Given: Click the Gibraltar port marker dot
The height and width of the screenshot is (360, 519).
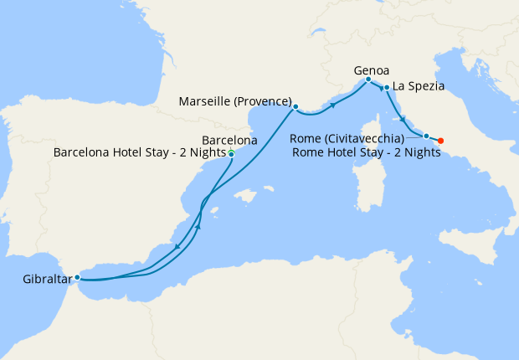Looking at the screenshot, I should coord(77,277).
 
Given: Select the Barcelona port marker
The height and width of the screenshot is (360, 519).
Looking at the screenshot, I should coord(231,154).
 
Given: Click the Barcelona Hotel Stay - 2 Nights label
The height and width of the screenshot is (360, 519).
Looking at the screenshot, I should coord(140,153).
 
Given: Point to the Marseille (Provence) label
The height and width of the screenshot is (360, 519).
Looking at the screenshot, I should coord(235,101).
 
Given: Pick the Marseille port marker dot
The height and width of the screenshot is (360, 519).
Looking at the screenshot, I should coord(295,106).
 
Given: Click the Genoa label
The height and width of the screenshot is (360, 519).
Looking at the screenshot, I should coord(372,70).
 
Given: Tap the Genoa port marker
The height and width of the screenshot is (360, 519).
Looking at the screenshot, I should coord(368,80).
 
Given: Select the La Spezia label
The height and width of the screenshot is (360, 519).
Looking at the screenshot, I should coord(418,85).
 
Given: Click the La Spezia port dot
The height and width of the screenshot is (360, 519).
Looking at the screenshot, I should coord(386,87).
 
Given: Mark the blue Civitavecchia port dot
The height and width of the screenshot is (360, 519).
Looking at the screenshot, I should coord(426,136).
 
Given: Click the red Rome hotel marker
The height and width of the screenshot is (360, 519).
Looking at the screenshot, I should coord(441,141).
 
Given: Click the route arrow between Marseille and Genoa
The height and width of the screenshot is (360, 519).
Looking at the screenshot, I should coord(334,105).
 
